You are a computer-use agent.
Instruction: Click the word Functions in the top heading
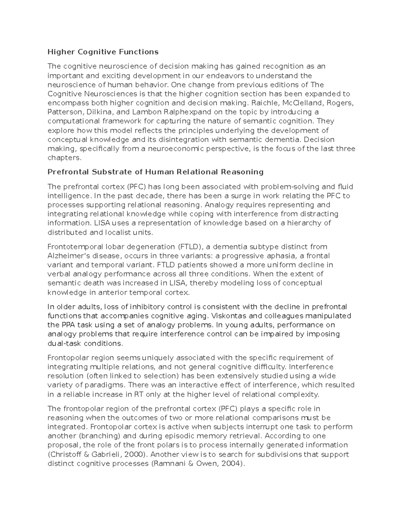click(x=138, y=52)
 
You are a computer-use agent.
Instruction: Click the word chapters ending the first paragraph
click(x=64, y=158)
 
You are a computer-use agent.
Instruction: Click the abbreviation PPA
click(x=69, y=325)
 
